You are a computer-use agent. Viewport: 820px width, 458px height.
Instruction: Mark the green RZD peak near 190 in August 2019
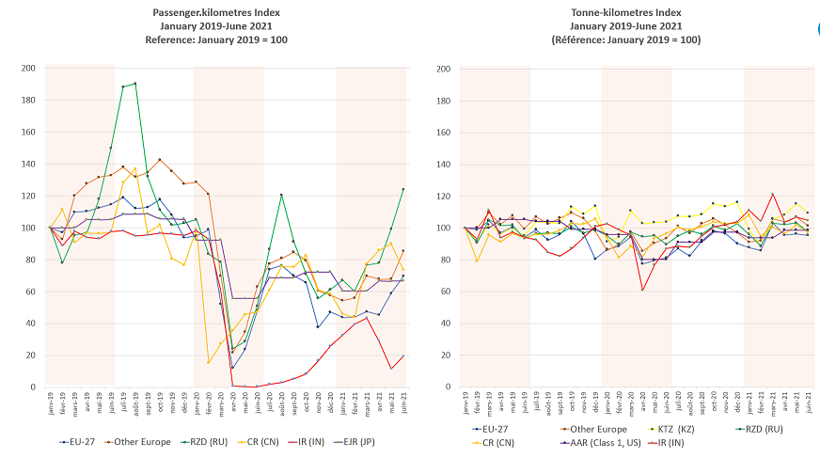coord(134,84)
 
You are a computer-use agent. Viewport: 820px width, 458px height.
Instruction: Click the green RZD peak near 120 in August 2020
coord(281,195)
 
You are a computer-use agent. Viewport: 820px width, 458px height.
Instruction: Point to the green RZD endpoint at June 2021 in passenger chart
coord(402,189)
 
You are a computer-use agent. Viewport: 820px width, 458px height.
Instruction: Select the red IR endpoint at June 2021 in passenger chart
coord(402,355)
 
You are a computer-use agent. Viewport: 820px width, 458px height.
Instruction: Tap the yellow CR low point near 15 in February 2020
coord(208,362)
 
